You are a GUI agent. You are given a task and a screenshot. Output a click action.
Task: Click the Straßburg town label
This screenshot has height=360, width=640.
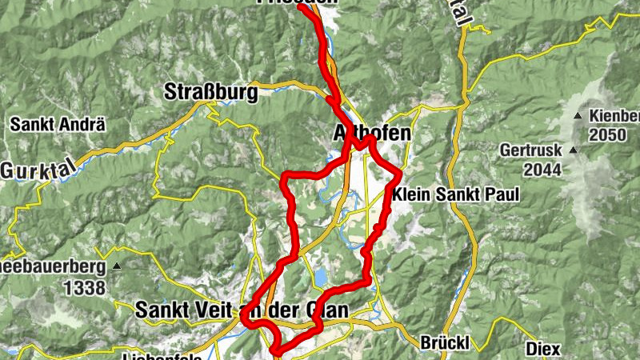(211, 92)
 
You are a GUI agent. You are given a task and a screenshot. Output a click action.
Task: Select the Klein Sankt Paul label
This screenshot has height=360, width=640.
(456, 194)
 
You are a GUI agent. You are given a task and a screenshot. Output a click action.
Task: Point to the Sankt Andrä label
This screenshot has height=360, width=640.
(58, 125)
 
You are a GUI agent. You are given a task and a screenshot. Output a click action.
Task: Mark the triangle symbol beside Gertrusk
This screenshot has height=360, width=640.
(573, 150)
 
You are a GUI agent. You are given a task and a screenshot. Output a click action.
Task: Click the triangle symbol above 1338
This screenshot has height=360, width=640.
(117, 266)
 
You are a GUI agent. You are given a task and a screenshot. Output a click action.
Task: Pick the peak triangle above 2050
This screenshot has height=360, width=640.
(578, 117)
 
